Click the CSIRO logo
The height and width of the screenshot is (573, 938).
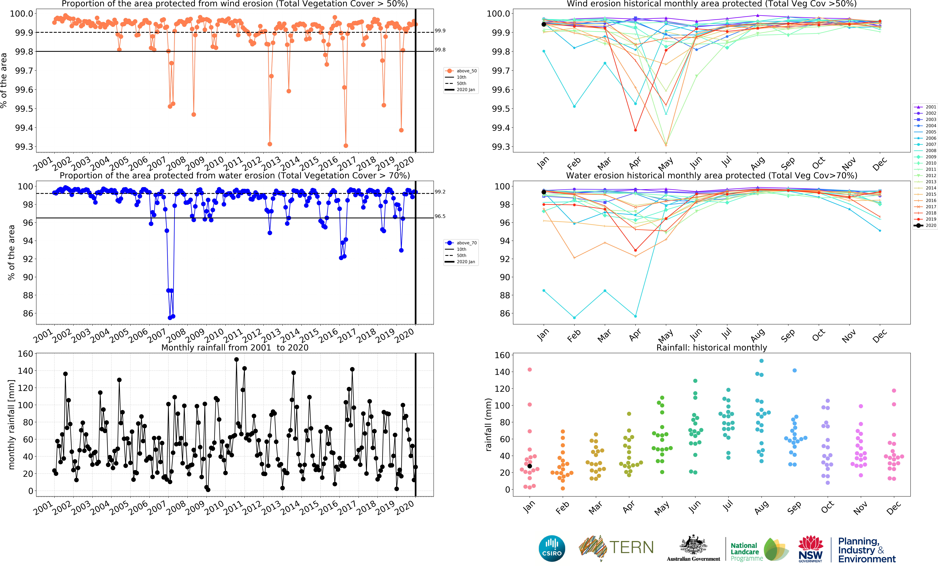[552, 548]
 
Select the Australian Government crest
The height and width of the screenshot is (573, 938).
[693, 545]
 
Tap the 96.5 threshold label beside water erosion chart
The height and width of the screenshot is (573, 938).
[440, 216]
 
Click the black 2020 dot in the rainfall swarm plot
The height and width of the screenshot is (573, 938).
[529, 466]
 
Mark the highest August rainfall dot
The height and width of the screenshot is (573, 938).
[761, 361]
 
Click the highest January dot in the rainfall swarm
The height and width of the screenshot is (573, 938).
[529, 369]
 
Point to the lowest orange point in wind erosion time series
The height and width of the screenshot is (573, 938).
[346, 146]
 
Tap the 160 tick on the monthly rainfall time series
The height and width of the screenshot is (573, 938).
[26, 354]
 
